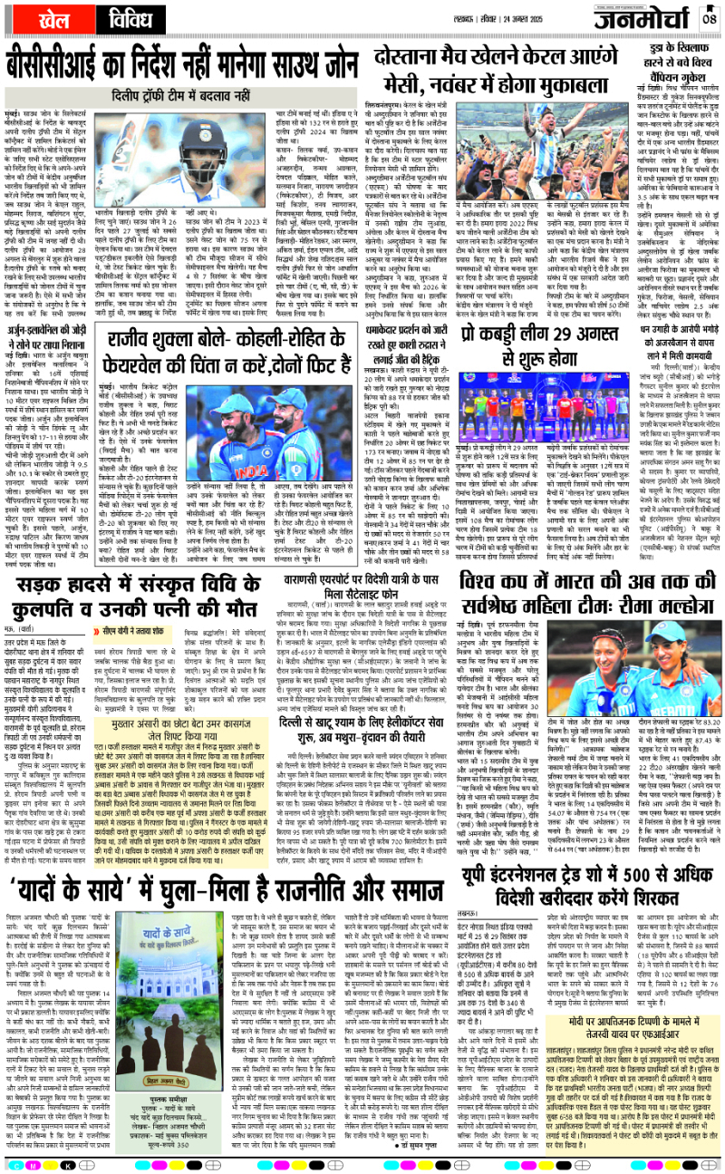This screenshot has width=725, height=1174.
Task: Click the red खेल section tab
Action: (43, 19)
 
